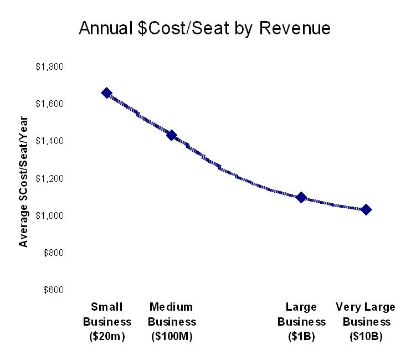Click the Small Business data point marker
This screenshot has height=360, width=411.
coord(107,93)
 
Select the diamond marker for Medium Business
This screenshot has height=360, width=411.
coord(171,135)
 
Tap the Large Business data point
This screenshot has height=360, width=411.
coord(301,197)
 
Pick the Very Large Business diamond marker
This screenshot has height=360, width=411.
coord(366,210)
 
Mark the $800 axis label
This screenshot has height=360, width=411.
coord(53,253)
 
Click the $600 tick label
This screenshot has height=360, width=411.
coord(53,290)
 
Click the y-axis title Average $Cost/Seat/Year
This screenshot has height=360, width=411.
coord(24,181)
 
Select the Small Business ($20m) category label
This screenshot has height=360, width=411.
coord(107,322)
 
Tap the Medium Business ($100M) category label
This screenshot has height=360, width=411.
coord(171,322)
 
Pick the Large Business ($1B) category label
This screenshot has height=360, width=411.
coord(301,322)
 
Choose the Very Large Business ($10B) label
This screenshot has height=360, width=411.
coord(366,322)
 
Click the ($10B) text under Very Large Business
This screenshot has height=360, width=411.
coord(366,336)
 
